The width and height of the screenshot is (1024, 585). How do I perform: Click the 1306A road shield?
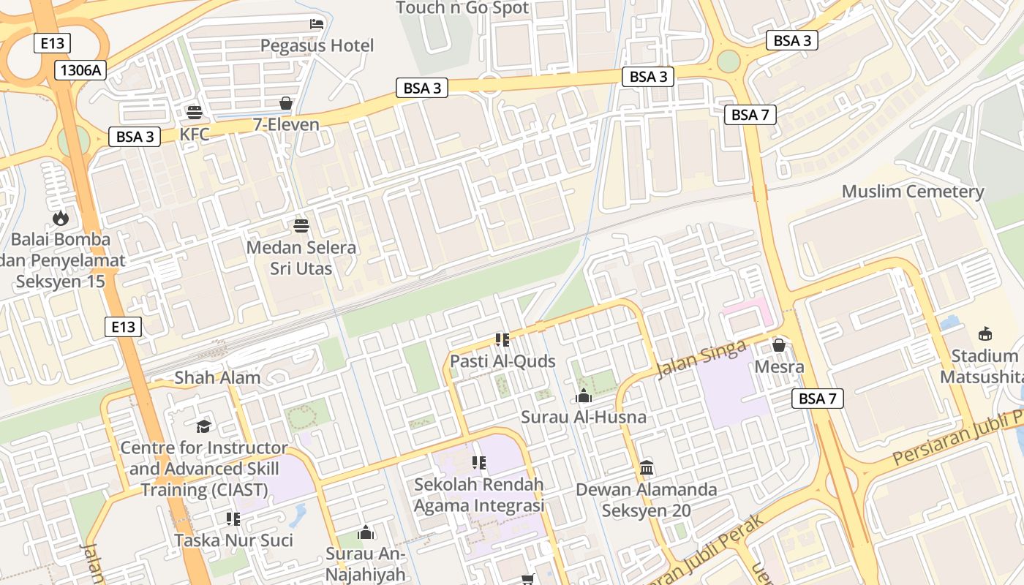(80, 70)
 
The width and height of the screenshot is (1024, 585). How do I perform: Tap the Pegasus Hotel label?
(317, 46)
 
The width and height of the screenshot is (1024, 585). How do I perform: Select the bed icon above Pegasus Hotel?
(317, 24)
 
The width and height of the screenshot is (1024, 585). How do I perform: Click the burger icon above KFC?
(194, 113)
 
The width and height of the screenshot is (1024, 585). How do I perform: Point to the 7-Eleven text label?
(286, 124)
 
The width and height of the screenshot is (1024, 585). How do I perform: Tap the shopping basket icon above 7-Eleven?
(286, 103)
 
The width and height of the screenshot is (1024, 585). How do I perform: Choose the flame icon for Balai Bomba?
(60, 217)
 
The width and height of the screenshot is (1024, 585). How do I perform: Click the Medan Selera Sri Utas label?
(301, 258)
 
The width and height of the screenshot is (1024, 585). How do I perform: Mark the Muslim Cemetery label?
(913, 192)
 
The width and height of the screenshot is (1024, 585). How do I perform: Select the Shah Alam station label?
(217, 378)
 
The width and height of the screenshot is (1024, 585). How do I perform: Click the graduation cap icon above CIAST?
(203, 426)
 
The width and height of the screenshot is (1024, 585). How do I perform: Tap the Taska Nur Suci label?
(233, 540)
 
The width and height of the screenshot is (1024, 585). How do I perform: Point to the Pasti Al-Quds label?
(502, 361)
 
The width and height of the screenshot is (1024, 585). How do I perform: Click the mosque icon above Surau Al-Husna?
(584, 396)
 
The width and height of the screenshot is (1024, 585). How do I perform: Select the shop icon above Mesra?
(779, 344)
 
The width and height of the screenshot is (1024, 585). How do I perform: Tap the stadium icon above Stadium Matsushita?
(985, 334)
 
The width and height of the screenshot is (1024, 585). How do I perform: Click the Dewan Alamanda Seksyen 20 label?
(646, 499)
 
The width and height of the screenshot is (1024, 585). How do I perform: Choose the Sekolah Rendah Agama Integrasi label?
(479, 495)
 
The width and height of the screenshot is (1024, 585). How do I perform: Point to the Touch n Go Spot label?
(462, 8)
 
